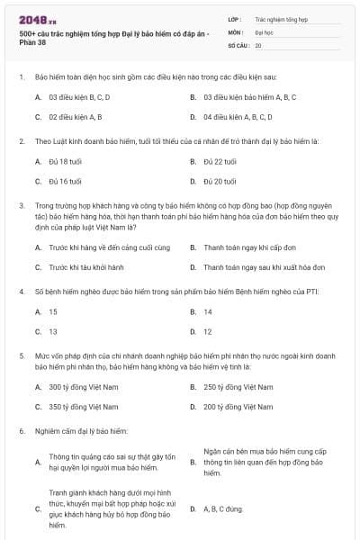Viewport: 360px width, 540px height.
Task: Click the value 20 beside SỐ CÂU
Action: (x=258, y=44)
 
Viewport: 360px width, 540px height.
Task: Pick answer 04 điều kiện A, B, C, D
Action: (x=238, y=117)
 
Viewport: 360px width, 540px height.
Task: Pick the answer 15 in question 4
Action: (x=53, y=311)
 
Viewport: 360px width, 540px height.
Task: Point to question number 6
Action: (x=21, y=432)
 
